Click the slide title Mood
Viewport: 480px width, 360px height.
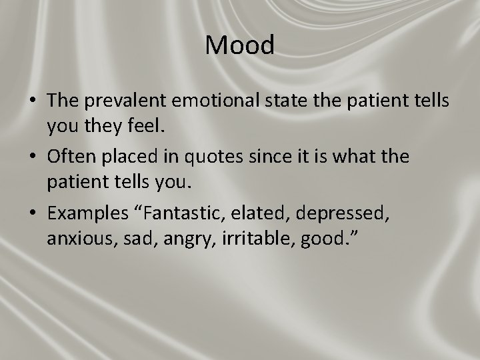240,45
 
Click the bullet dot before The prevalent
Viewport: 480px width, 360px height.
32,101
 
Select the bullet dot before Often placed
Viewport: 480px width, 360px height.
32,157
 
